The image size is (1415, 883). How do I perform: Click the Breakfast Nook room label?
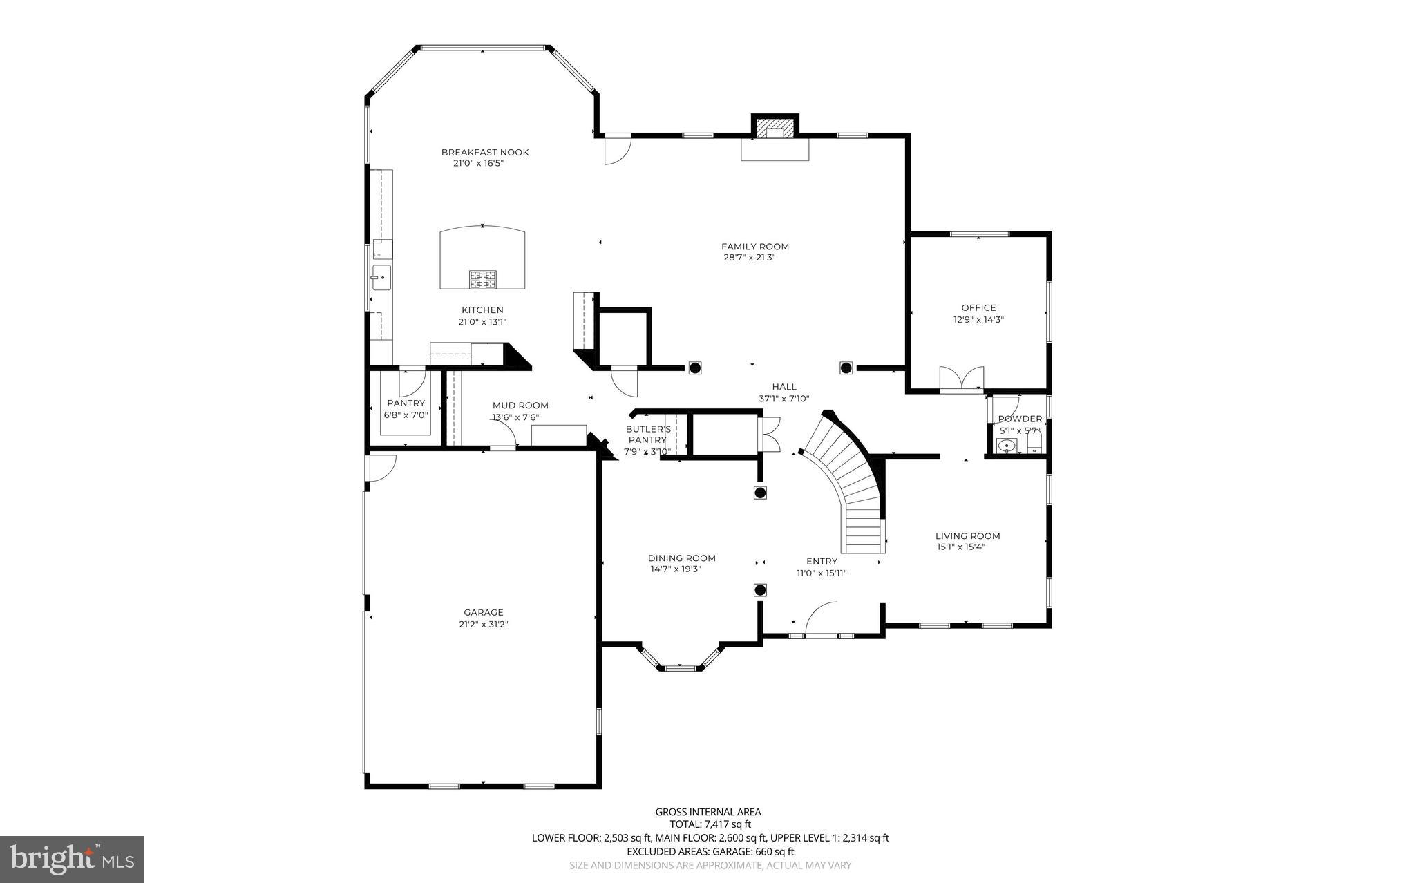click(485, 152)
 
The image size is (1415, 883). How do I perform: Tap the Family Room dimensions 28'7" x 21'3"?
click(754, 258)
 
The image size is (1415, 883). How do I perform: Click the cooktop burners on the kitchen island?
click(483, 279)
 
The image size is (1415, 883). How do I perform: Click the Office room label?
click(978, 307)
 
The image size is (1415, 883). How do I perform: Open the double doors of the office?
click(961, 379)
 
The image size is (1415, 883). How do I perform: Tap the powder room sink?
click(1007, 446)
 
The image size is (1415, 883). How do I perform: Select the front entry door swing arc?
click(821, 617)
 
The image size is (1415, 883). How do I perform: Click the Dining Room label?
click(681, 558)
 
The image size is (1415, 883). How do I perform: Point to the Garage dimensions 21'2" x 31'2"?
click(483, 624)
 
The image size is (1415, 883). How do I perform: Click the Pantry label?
click(406, 403)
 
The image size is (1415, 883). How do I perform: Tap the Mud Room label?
click(520, 406)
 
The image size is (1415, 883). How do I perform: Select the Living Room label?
click(967, 535)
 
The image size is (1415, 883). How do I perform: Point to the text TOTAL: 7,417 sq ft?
click(710, 824)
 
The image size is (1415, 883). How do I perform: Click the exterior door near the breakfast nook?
click(617, 149)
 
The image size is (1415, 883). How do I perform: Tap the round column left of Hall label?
click(695, 368)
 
